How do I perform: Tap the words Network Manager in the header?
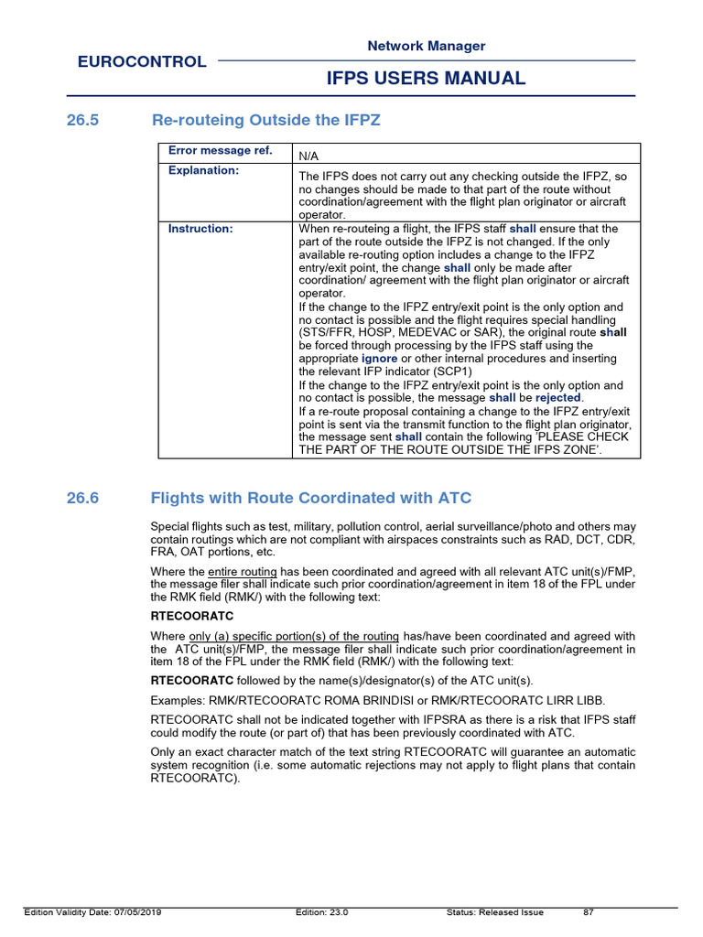point(426,46)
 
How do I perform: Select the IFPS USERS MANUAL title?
point(426,79)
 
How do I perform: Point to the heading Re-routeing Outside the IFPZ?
point(265,120)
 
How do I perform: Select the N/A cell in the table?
point(311,156)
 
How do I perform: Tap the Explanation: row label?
point(203,170)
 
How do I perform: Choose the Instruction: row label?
point(200,229)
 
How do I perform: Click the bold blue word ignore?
point(379,360)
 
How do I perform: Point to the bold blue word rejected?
point(558,398)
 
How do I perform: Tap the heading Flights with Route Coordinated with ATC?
point(310,498)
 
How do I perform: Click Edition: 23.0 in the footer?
point(321,912)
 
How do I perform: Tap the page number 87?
point(589,912)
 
